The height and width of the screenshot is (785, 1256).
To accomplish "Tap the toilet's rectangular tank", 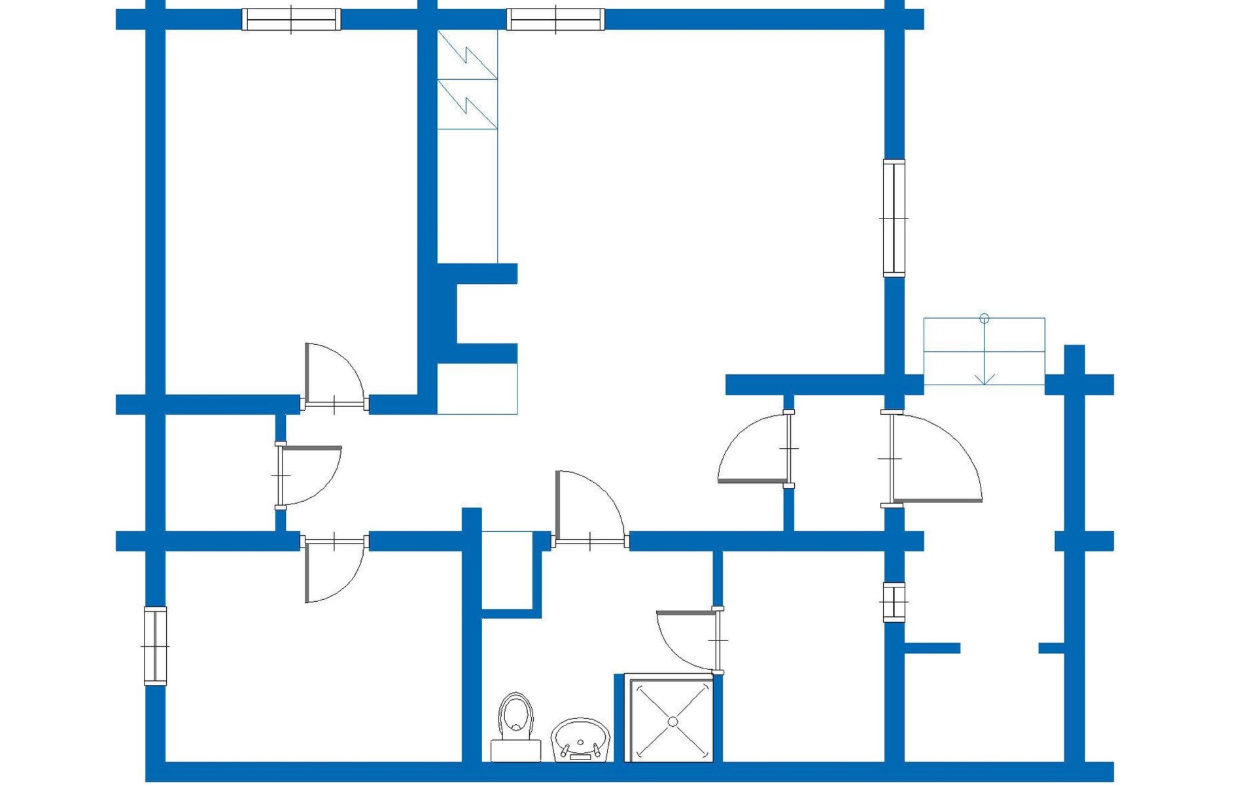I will (515, 751).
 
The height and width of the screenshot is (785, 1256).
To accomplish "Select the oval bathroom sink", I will (580, 739).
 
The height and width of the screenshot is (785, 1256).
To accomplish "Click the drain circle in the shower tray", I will (672, 722).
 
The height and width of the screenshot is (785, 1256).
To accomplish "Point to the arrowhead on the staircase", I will (985, 379).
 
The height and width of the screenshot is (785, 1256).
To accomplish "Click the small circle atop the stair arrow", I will (985, 319).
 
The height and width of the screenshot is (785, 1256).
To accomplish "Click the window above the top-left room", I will (291, 20).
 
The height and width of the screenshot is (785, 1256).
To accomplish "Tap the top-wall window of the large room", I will (555, 20).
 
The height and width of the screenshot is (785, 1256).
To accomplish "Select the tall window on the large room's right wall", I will (894, 218).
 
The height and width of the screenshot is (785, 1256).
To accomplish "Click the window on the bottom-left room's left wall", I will (155, 646).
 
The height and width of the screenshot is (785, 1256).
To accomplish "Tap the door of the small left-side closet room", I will (311, 448).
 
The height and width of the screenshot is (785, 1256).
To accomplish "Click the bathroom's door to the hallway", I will (557, 504).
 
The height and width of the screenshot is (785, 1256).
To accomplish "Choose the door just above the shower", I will (687, 613).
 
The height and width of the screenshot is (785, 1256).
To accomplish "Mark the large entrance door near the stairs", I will (939, 500).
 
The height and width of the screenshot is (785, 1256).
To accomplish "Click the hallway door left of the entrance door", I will (752, 481).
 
